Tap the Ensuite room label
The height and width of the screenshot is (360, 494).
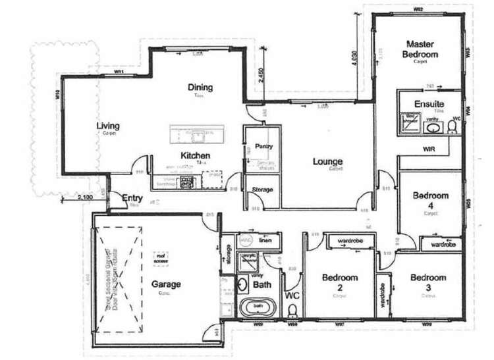(429, 104)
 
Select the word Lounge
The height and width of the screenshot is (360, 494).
(327, 161)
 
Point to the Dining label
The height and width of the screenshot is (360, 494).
(200, 88)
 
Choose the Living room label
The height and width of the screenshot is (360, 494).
(107, 126)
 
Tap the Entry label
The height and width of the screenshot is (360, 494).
(132, 197)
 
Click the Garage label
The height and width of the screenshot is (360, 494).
(166, 284)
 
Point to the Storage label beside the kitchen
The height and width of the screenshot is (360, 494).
(263, 190)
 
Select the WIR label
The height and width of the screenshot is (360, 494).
(429, 149)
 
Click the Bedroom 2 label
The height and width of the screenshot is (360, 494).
(340, 282)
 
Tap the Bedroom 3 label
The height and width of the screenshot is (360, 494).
(428, 282)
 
